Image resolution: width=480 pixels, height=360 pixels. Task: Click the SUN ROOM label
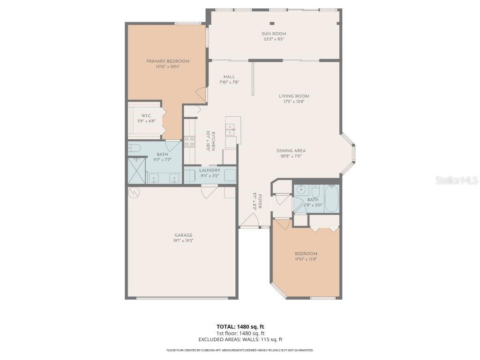tap(274, 34)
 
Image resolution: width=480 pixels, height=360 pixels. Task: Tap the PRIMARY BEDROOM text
tap(168, 61)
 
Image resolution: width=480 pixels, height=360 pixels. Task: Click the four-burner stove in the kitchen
tap(189, 141)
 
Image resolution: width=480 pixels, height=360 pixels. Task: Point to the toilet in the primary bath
tap(135, 149)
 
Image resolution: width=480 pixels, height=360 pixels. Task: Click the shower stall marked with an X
tap(136, 171)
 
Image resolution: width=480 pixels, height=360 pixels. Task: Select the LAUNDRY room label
tap(210, 170)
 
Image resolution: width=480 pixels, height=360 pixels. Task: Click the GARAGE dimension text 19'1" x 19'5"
tap(184, 240)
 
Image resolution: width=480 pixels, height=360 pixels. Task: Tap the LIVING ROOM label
tap(294, 96)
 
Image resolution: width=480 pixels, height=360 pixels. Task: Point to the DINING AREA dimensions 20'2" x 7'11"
tap(291, 156)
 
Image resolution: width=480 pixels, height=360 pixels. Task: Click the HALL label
tap(229, 77)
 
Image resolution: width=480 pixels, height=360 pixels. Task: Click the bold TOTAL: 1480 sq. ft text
tap(240, 326)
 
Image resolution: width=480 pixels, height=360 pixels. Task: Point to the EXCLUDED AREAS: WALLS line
tap(240, 339)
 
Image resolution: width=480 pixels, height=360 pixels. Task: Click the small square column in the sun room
tap(271, 23)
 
